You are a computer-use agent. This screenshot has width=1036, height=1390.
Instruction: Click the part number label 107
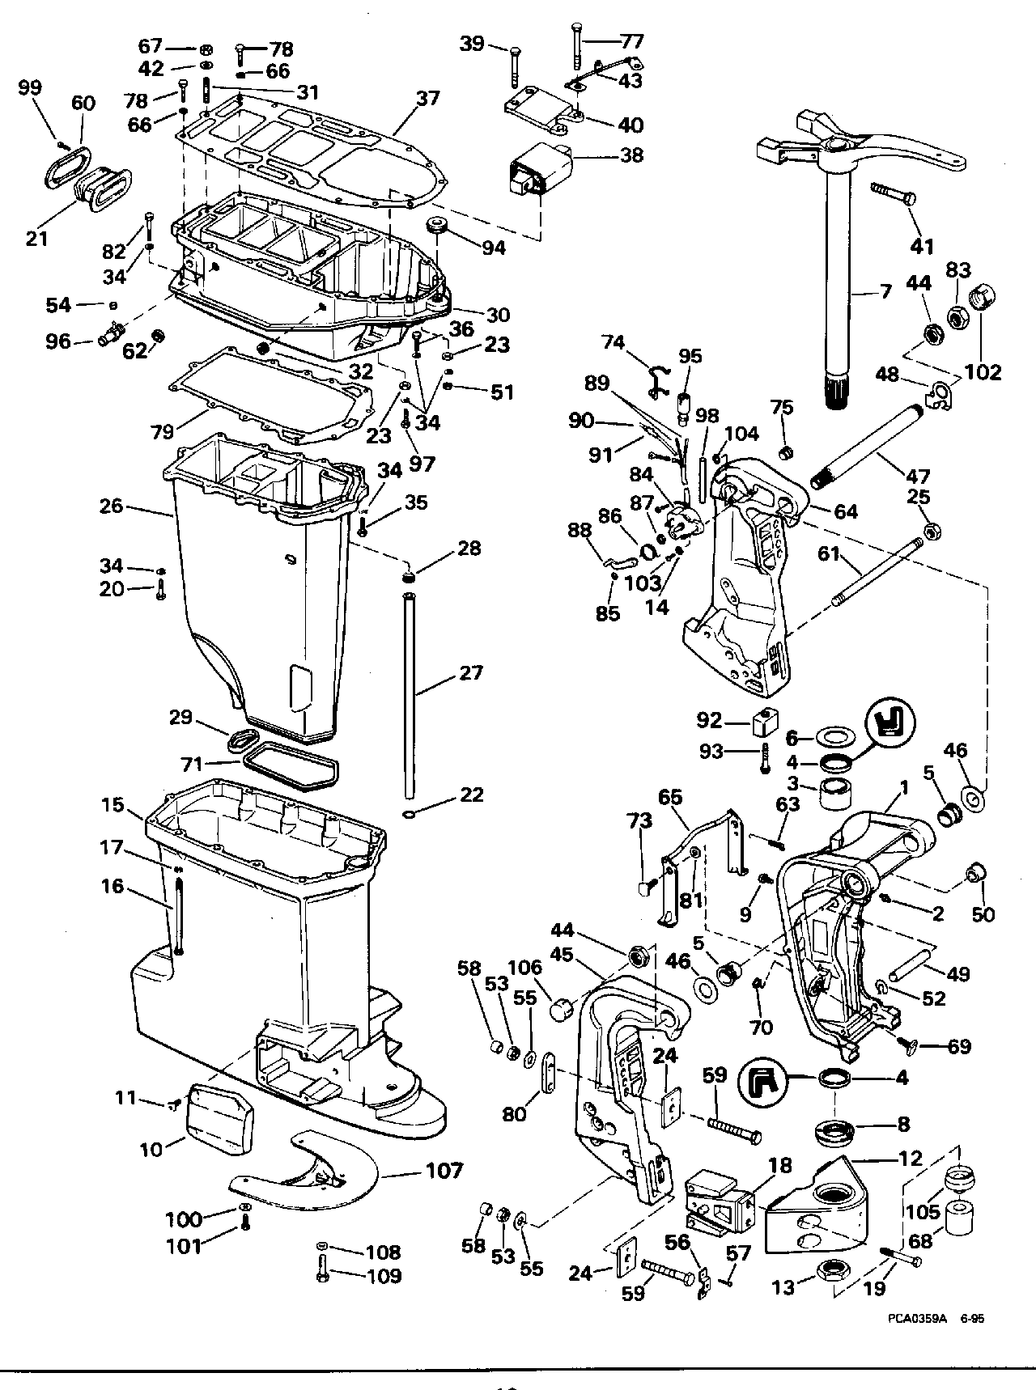tap(444, 1170)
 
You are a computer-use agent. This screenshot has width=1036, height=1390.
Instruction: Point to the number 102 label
tap(983, 373)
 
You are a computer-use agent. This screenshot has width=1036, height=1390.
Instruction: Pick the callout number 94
tap(494, 248)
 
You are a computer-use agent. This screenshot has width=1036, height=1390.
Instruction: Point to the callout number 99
tap(31, 88)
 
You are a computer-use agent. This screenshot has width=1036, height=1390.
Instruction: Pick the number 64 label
tap(845, 511)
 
